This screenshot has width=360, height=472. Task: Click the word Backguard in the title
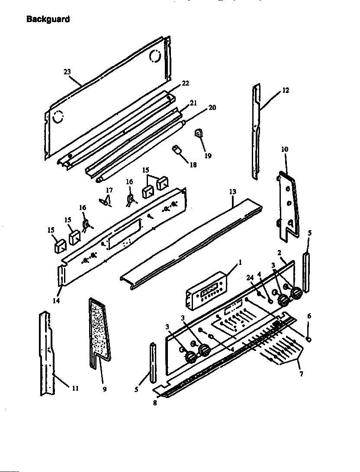(x=48, y=19)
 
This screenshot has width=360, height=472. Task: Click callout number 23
(x=67, y=72)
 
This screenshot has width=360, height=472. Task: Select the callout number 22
(x=185, y=83)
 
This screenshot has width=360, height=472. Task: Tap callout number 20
(x=212, y=107)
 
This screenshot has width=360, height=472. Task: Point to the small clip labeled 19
(x=199, y=135)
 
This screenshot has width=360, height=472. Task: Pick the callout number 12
(x=285, y=90)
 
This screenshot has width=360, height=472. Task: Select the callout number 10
(x=284, y=149)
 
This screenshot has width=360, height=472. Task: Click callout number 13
(x=233, y=192)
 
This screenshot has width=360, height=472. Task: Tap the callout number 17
(x=109, y=190)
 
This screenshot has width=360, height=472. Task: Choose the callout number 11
(x=75, y=388)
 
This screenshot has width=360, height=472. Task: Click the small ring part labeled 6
(x=309, y=339)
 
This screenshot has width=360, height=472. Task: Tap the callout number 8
(x=155, y=403)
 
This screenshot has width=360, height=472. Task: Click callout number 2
(x=280, y=252)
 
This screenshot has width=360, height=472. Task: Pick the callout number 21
(x=193, y=103)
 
